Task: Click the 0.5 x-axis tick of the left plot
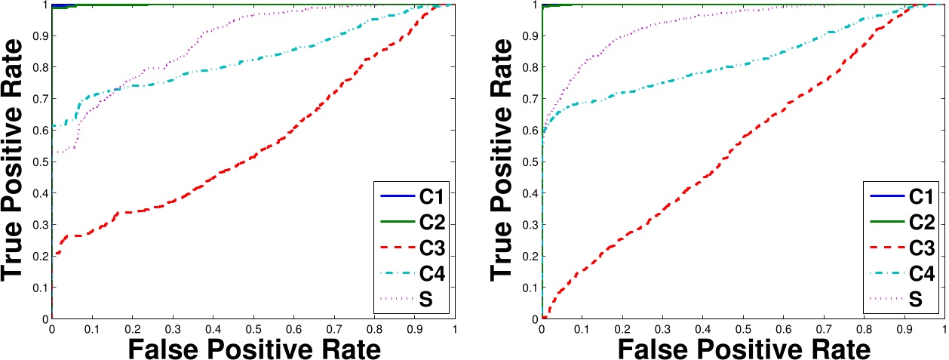click(x=253, y=329)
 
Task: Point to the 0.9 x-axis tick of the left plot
click(x=415, y=329)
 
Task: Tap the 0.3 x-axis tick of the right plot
click(x=662, y=329)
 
